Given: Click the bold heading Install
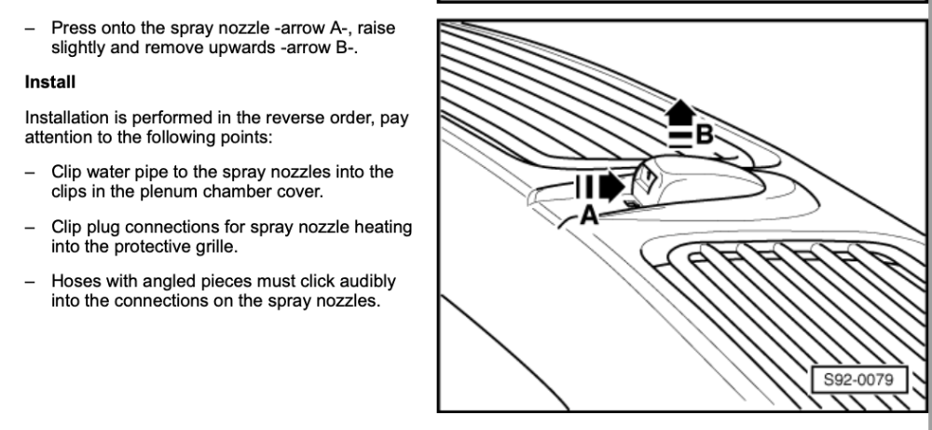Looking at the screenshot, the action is (50, 82).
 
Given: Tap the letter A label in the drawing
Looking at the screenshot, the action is (589, 215).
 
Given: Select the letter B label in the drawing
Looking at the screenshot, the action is (704, 134).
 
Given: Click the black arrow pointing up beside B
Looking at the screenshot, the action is (680, 113).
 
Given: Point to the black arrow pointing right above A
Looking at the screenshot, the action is (612, 187).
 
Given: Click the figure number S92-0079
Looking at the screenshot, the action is (859, 380).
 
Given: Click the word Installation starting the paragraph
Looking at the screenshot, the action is (67, 118).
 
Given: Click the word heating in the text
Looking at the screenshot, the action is (383, 228).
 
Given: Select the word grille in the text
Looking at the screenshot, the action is (215, 246).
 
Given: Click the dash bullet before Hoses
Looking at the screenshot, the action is (29, 282).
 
